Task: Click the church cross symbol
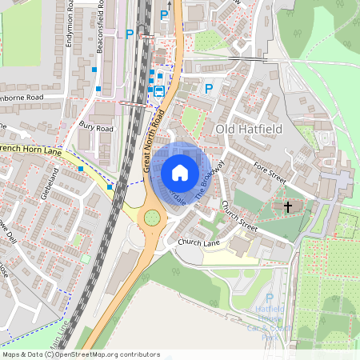(288, 206)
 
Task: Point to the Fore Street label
(270, 174)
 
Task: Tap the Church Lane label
(199, 241)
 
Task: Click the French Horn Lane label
(30, 149)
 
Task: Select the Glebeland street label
(46, 185)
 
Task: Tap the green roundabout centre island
(151, 218)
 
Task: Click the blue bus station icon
(158, 91)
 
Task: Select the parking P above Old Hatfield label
(209, 89)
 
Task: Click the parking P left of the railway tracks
(129, 34)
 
